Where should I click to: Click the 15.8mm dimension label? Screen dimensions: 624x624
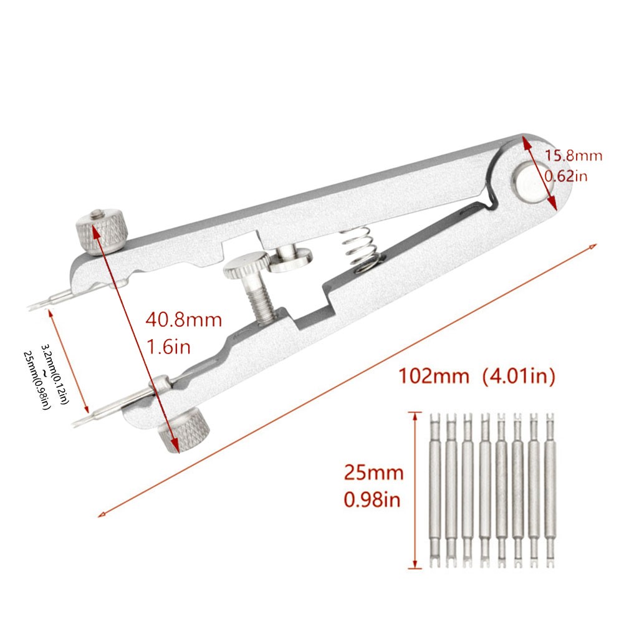coord(574,156)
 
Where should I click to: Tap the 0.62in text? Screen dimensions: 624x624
coord(565,176)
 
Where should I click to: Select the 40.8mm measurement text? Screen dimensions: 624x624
coord(183,321)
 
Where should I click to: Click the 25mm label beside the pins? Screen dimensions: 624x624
coord(373,473)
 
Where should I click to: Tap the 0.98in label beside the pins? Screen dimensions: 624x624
coord(373,499)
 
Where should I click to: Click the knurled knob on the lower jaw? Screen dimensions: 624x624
coord(184,430)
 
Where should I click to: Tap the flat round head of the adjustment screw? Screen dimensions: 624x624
coord(244,266)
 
